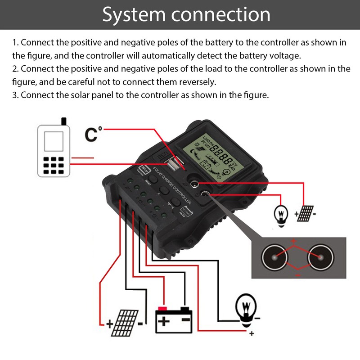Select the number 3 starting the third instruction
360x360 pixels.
click(14, 95)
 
